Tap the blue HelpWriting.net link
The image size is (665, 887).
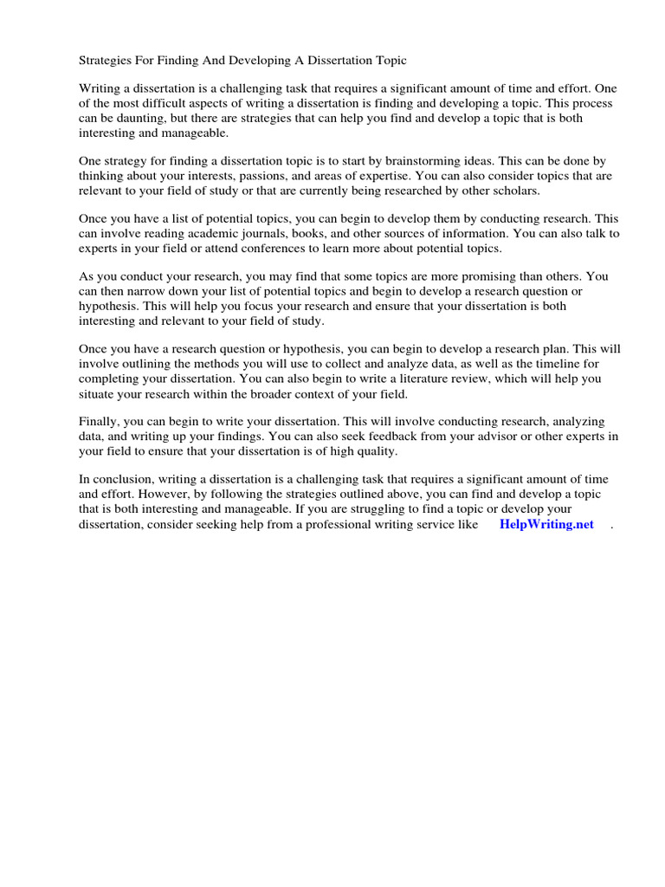click(x=546, y=524)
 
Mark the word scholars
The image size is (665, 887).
click(x=513, y=191)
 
